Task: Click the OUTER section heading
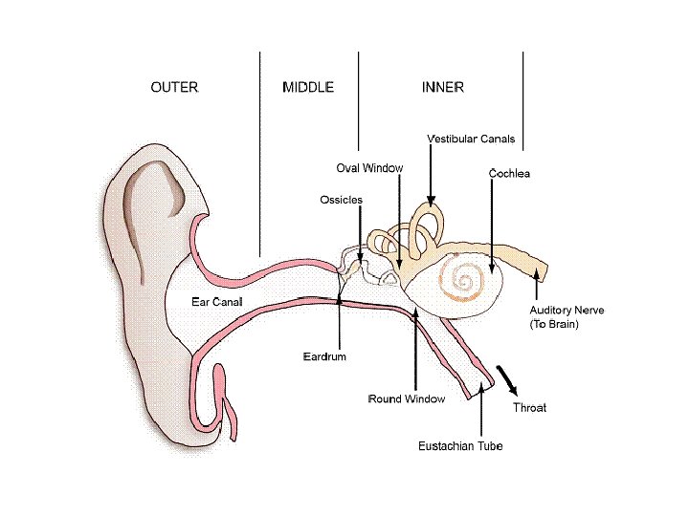[174, 87]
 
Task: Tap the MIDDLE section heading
[308, 87]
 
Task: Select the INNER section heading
[443, 87]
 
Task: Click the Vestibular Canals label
[471, 140]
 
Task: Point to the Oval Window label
[369, 168]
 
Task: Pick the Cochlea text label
[509, 174]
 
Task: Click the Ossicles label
[342, 200]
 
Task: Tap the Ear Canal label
[217, 302]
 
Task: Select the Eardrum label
[324, 356]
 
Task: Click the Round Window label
[407, 398]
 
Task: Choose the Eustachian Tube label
[460, 446]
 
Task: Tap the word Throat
[529, 408]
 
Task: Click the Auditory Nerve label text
[567, 311]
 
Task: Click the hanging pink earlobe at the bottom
[228, 401]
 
